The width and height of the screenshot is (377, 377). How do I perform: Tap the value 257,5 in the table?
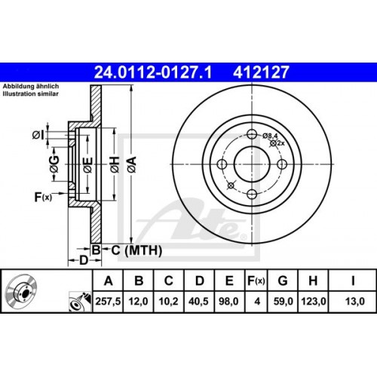pyautogui.click(x=109, y=300)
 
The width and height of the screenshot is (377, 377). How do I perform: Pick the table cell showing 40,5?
pyautogui.click(x=199, y=300)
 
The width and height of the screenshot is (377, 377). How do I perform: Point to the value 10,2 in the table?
pyautogui.click(x=169, y=300)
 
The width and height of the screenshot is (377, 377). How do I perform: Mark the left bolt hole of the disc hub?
pyautogui.click(x=221, y=165)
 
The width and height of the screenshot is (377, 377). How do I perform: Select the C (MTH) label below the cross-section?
pyautogui.click(x=129, y=249)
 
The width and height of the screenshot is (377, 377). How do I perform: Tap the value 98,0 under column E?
pyautogui.click(x=228, y=300)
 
